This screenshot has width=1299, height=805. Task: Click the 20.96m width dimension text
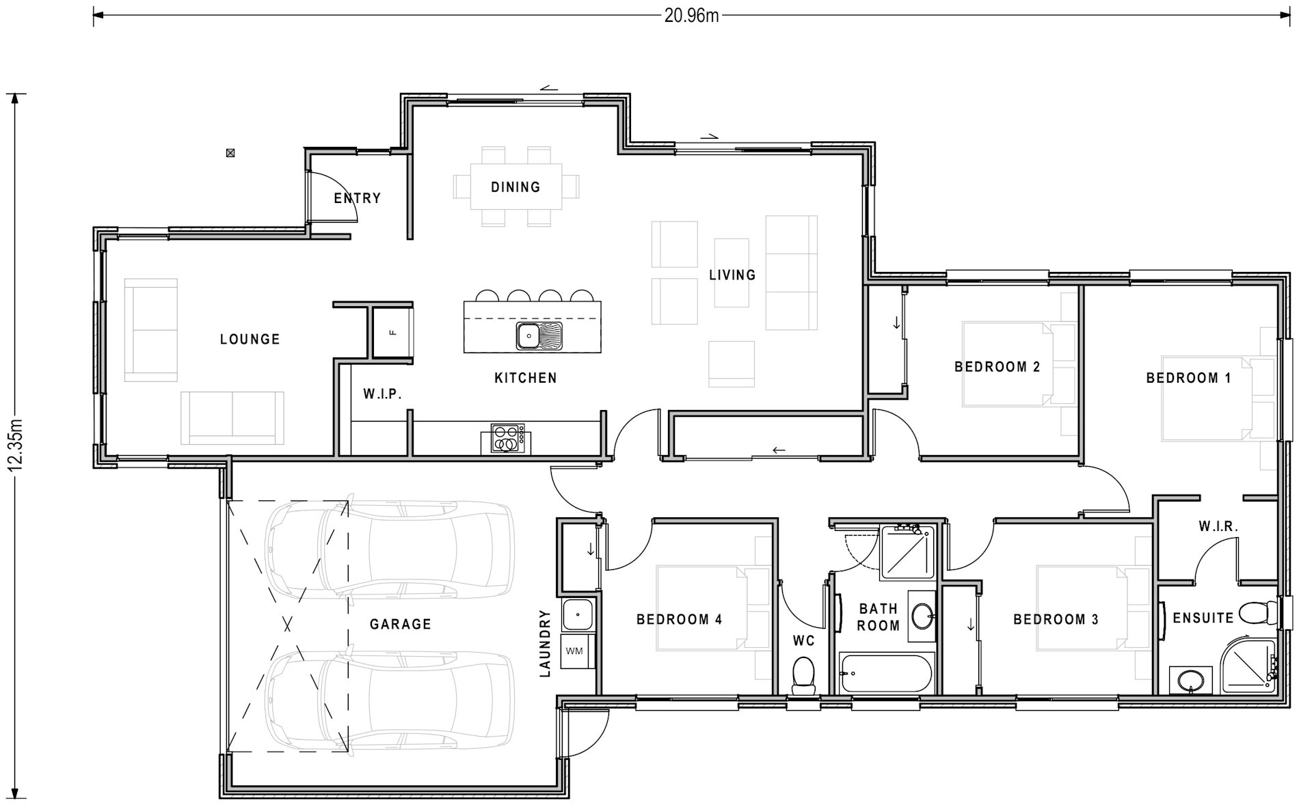pyautogui.click(x=691, y=15)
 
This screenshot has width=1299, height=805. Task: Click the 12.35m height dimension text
pyautogui.click(x=16, y=445)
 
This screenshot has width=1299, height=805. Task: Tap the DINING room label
pyautogui.click(x=515, y=187)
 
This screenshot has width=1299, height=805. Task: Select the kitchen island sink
pyautogui.click(x=529, y=336)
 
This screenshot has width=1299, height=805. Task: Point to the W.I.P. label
pyautogui.click(x=381, y=394)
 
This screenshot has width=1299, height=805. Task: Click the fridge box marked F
pyautogui.click(x=392, y=332)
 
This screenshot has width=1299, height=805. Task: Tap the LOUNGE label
pyautogui.click(x=250, y=339)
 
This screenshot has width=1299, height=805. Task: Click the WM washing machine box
pyautogui.click(x=575, y=651)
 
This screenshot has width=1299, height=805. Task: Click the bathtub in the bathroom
pyautogui.click(x=886, y=673)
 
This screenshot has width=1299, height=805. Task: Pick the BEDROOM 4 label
pyautogui.click(x=679, y=619)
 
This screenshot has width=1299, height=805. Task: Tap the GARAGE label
pyautogui.click(x=400, y=624)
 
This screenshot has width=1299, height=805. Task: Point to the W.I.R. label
pyautogui.click(x=1218, y=526)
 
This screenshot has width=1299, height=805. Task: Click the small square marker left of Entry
pyautogui.click(x=231, y=153)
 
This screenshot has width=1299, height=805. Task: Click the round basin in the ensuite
pyautogui.click(x=1190, y=681)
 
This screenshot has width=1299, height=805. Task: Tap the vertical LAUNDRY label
pyautogui.click(x=545, y=643)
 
